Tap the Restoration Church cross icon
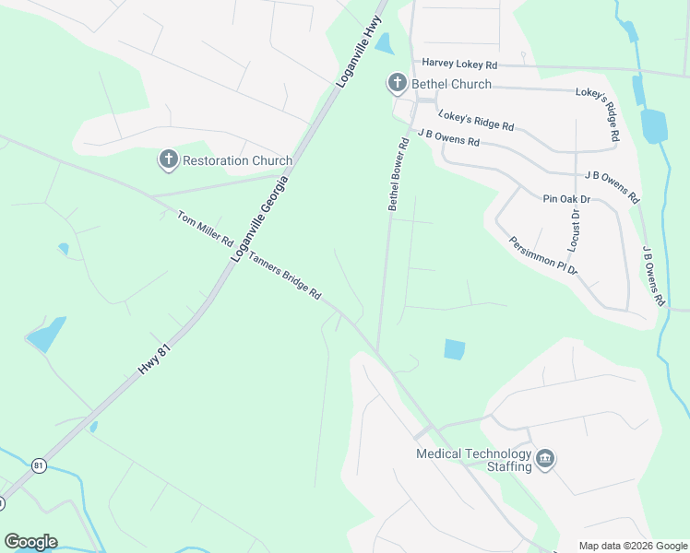(x=168, y=160)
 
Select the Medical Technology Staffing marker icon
(x=545, y=459)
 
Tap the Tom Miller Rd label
(x=205, y=229)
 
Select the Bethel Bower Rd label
(x=399, y=175)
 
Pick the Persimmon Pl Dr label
(x=542, y=255)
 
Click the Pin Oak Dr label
(x=566, y=198)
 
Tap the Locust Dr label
(x=574, y=231)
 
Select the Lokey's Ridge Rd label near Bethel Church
(x=476, y=121)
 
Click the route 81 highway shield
(x=39, y=466)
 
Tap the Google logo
(x=30, y=542)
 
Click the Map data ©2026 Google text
(x=632, y=546)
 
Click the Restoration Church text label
(x=237, y=160)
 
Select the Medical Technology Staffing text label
(x=474, y=460)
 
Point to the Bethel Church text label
(x=451, y=85)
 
